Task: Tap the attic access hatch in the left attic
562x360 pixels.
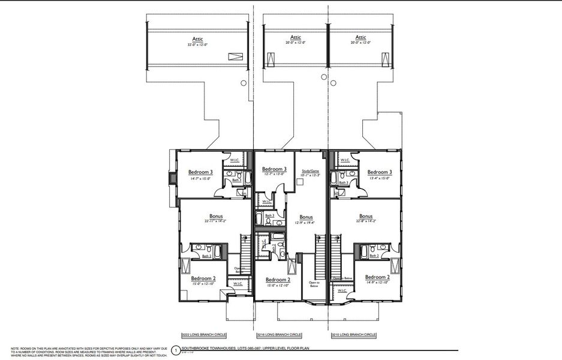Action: click(x=234, y=56)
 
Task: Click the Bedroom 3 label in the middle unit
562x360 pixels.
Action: click(x=274, y=169)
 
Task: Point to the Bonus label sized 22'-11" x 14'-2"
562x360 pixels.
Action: click(x=215, y=216)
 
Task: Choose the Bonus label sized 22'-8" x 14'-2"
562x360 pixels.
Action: click(x=366, y=216)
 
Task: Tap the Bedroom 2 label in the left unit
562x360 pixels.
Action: click(x=203, y=278)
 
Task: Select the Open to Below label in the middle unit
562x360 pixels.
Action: click(x=314, y=283)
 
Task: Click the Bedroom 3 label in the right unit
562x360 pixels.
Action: click(x=379, y=172)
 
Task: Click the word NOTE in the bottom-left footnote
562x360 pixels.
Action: click(x=14, y=347)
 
